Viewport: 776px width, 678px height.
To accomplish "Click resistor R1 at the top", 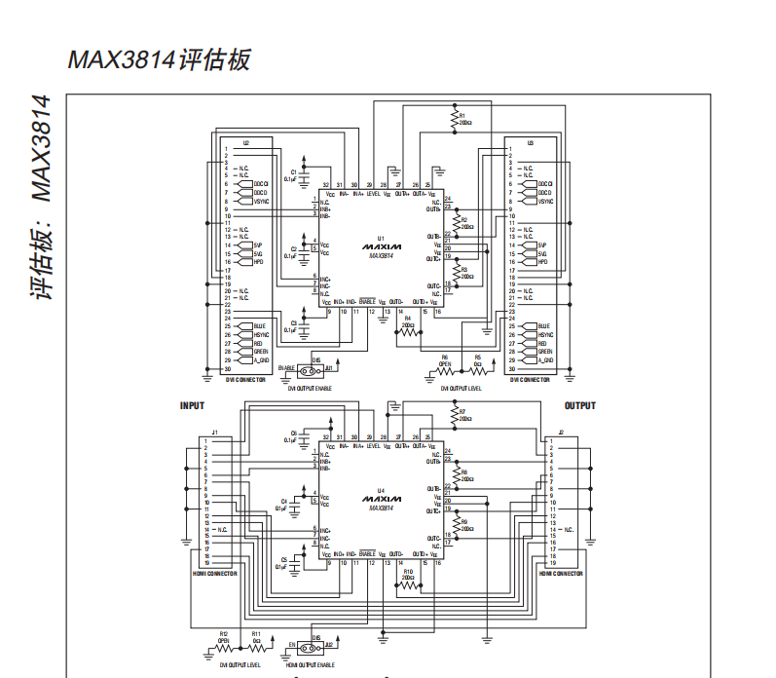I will coord(454,119).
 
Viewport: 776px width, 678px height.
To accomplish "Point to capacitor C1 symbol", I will coord(304,175).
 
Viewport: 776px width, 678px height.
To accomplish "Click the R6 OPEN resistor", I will coord(444,371).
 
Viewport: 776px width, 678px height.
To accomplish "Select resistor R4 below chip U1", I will coord(407,331).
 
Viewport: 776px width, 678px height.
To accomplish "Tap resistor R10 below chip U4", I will coord(407,583).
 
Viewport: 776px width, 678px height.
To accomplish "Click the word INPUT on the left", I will coord(192,406).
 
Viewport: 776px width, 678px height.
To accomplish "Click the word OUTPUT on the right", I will coord(580,406).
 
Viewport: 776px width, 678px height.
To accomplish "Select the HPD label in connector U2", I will coord(258,263).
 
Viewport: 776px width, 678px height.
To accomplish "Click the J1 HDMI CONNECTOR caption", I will coord(215,574).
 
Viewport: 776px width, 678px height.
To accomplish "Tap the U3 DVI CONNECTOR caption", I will coord(530,381).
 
